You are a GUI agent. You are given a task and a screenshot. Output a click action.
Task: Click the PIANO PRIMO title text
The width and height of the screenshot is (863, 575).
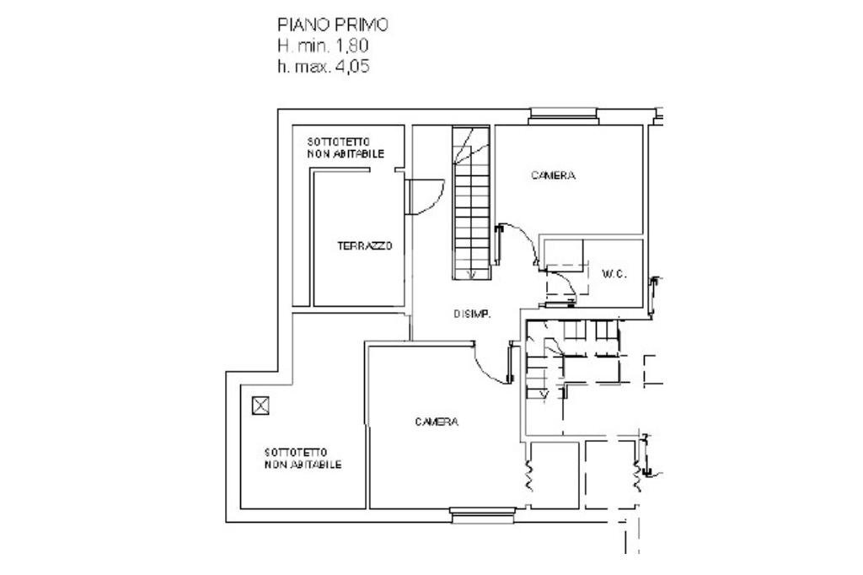coord(332,25)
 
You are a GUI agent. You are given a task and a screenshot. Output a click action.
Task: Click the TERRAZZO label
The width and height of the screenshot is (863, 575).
coord(364,246)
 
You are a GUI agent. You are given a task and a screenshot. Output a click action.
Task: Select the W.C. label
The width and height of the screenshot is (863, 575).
coord(614,274)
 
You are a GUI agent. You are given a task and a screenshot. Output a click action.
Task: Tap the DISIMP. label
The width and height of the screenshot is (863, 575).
coord(472,314)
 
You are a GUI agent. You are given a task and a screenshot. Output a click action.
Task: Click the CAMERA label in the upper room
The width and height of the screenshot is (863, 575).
coord(553,175)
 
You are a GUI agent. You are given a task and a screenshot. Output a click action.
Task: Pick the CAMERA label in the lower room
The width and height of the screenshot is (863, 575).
coord(437,422)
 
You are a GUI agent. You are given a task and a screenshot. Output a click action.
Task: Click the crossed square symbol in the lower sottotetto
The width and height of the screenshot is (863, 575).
coord(260,406)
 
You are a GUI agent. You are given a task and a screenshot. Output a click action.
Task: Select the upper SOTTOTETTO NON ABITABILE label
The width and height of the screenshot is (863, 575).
coord(346,148)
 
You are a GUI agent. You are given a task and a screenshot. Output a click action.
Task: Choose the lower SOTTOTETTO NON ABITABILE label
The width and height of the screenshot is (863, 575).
coord(303,459)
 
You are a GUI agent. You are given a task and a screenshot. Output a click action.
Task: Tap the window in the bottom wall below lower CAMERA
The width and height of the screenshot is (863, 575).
coord(482,515)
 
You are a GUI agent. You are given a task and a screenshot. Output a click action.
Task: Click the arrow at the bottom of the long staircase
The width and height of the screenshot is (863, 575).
coord(470,274)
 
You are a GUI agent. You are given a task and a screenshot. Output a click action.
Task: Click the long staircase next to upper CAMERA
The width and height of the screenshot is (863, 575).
coord(471,202)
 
